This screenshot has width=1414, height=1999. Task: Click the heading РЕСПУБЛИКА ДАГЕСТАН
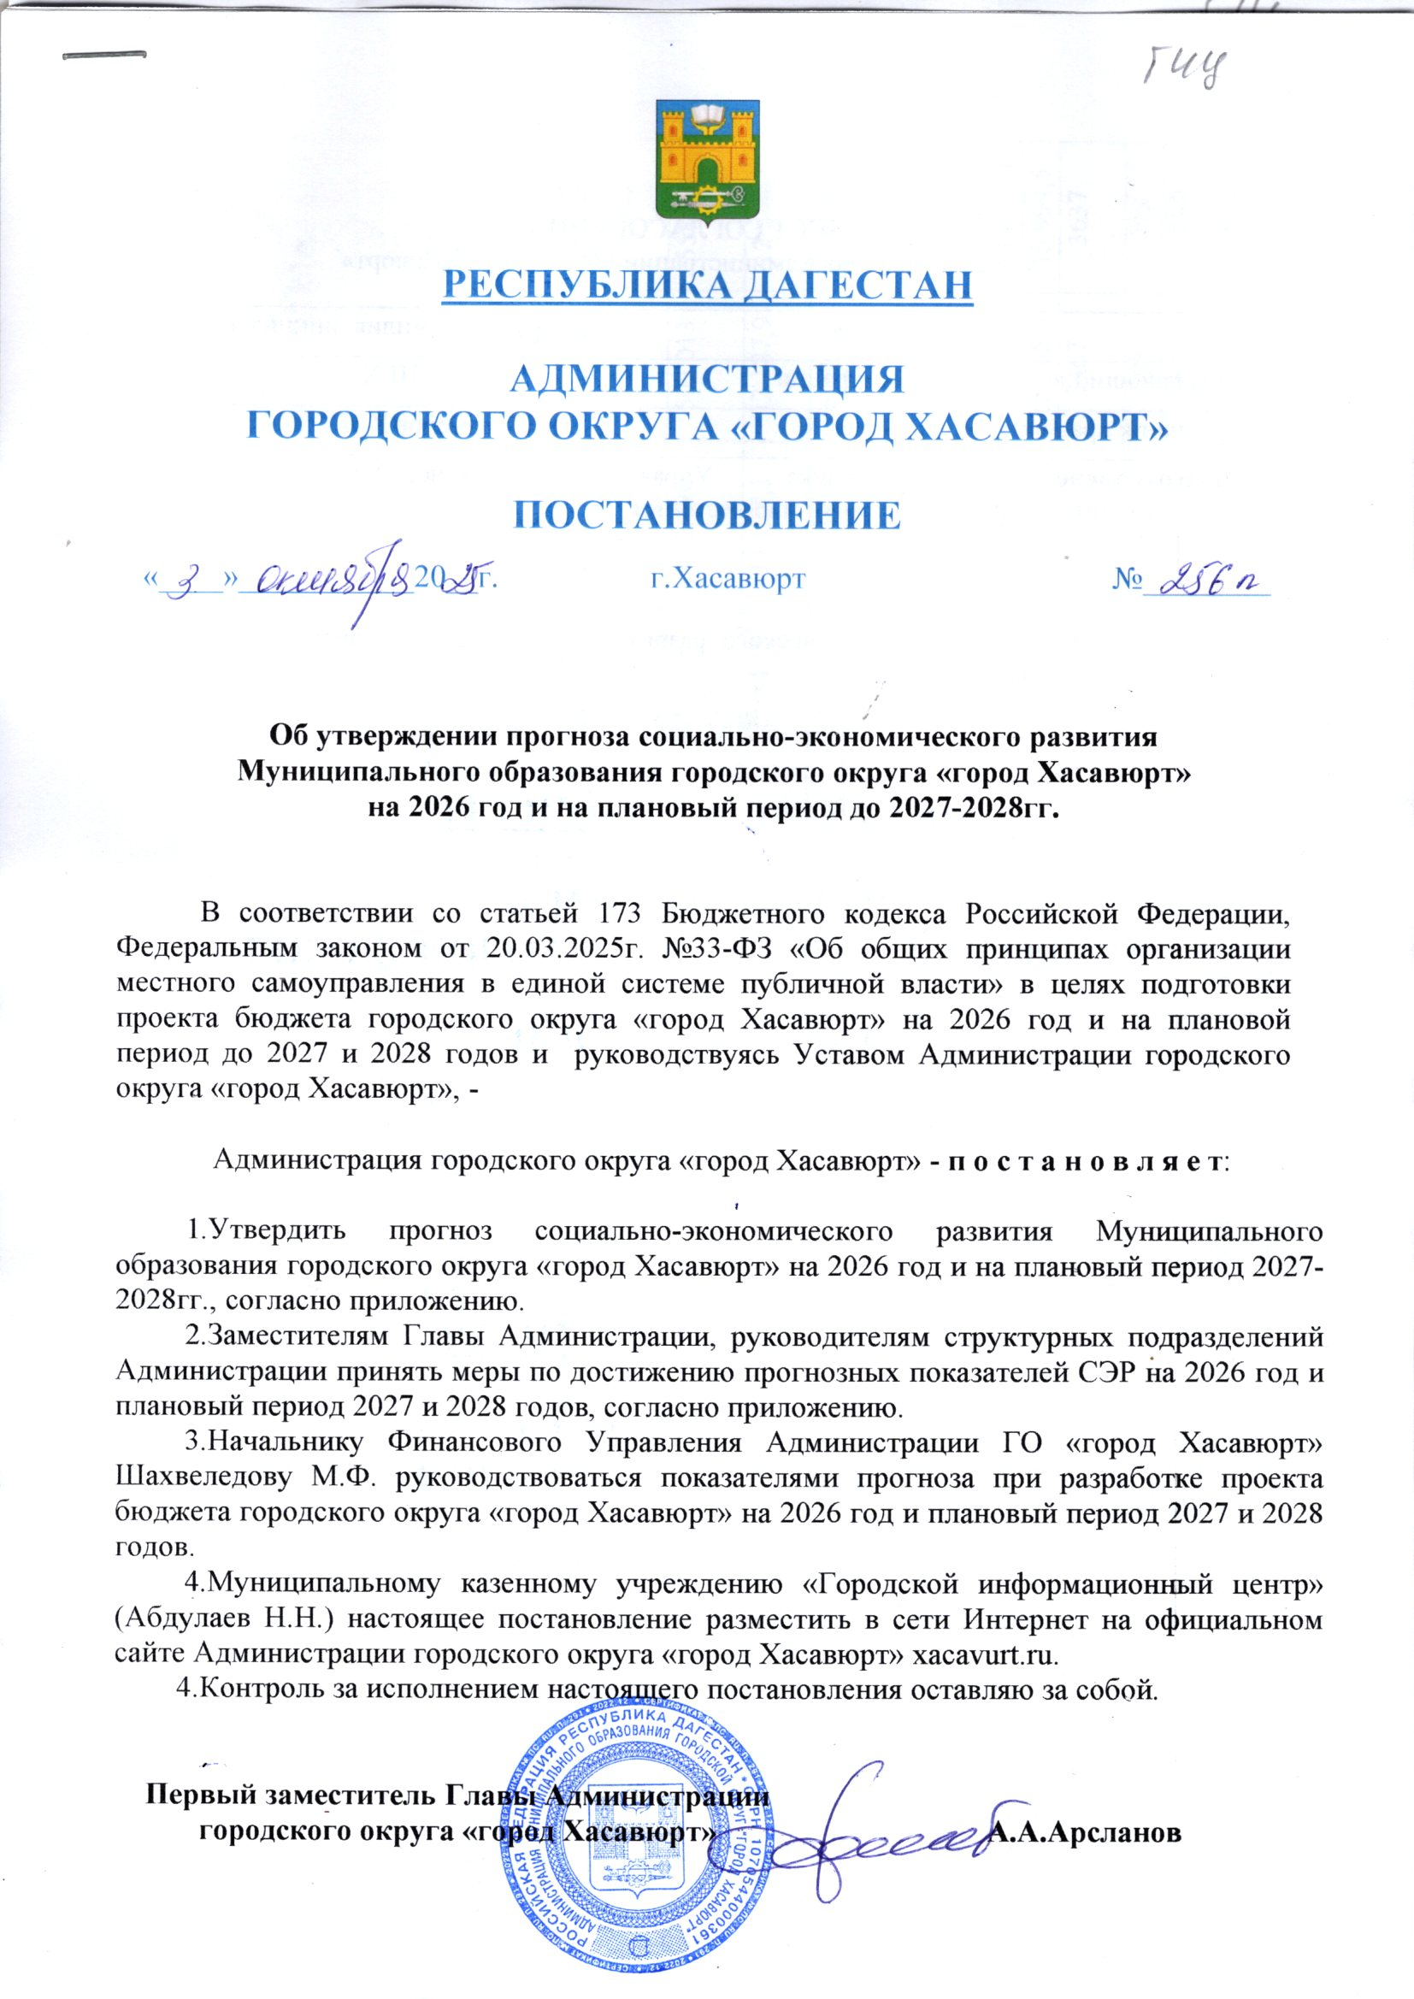click(706, 286)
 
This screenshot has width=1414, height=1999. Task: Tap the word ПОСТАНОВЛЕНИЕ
click(706, 516)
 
